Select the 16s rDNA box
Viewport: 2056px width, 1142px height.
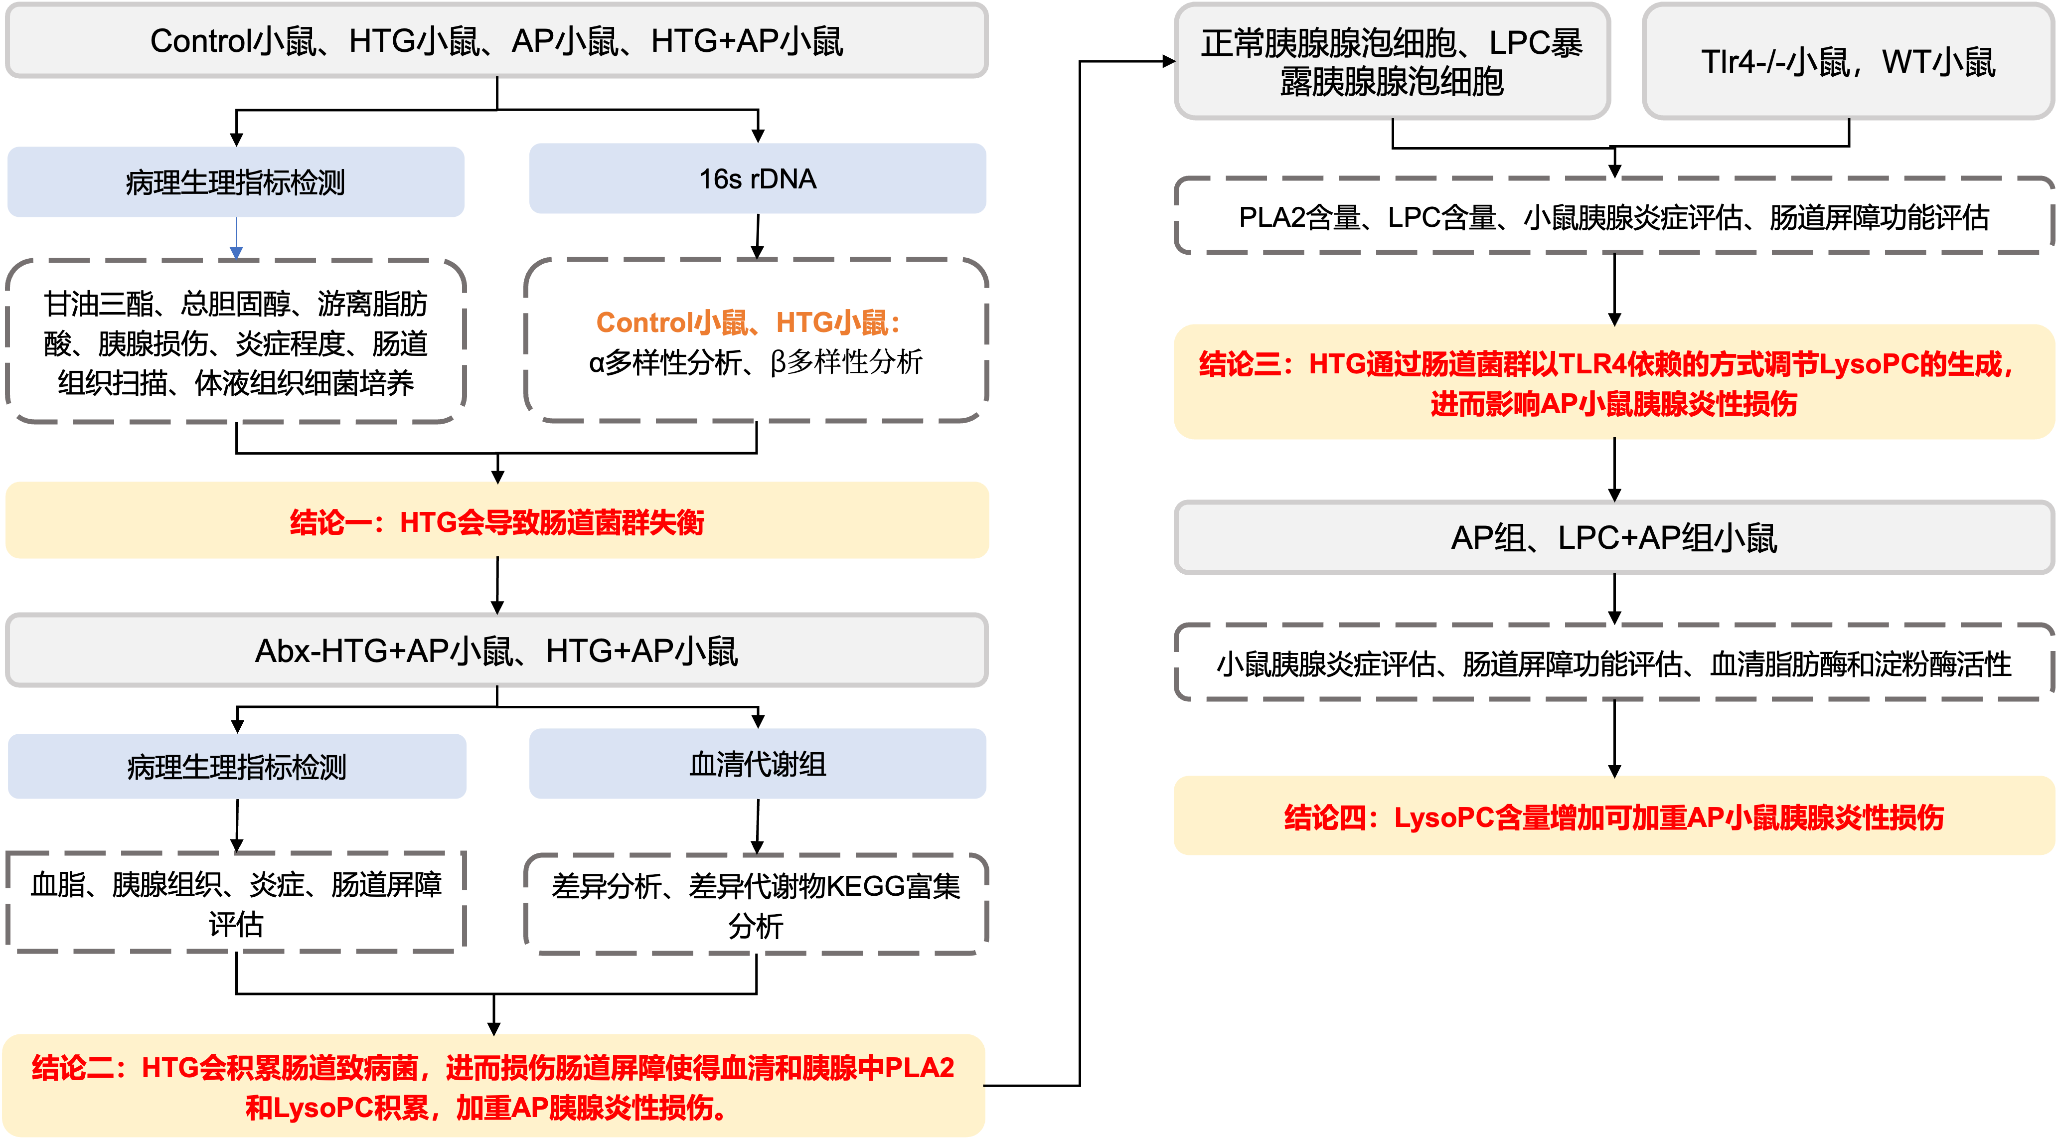[758, 179]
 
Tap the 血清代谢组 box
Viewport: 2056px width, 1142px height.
[758, 764]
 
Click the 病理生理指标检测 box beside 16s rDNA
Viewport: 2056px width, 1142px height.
[235, 182]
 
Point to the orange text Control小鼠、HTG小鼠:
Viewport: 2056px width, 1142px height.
[748, 323]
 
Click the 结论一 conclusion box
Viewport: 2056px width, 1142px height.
[496, 521]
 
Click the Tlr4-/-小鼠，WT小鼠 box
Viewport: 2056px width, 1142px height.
[1848, 61]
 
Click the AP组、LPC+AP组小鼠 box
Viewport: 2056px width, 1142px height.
[1613, 537]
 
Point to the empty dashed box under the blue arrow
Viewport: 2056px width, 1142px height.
[235, 341]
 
